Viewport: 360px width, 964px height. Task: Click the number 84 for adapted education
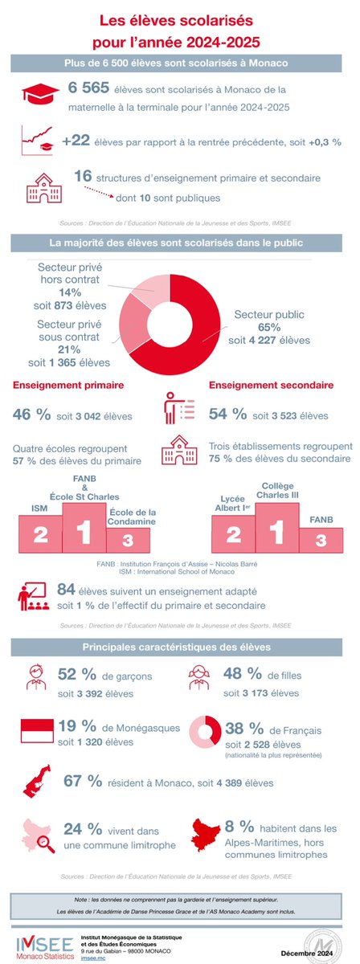tap(80, 590)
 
